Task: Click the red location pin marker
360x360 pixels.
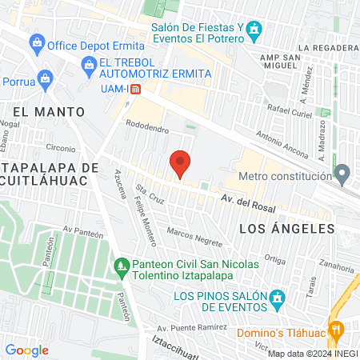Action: (x=181, y=165)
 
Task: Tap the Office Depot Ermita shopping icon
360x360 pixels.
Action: (x=36, y=46)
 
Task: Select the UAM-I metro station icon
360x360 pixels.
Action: (x=136, y=89)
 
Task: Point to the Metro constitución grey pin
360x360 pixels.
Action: (x=343, y=173)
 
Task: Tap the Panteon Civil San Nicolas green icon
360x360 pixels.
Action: (x=122, y=265)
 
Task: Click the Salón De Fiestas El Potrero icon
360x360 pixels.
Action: (x=254, y=31)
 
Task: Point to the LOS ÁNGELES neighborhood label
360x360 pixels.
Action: (x=286, y=229)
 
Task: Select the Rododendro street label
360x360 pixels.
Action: (x=147, y=126)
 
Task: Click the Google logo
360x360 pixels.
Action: (x=27, y=350)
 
